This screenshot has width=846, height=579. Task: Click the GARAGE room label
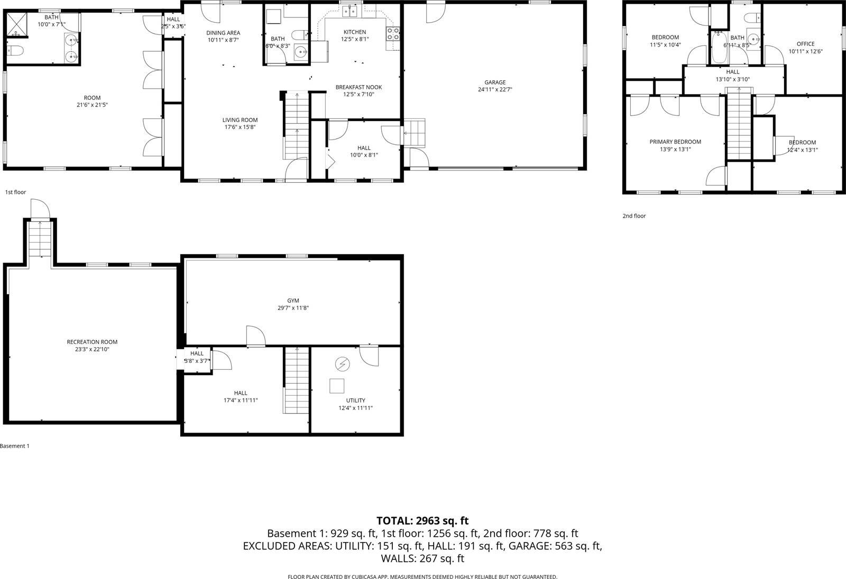[x=495, y=82]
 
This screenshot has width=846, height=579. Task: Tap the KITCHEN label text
[x=354, y=32]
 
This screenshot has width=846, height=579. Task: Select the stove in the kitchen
[x=393, y=34]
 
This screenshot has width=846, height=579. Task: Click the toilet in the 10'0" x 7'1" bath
[x=15, y=51]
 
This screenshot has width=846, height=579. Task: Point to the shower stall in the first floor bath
[x=16, y=25]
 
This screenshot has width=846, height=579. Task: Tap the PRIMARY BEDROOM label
[x=675, y=142]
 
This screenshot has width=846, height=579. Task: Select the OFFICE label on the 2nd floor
[x=805, y=44]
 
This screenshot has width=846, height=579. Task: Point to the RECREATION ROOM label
[x=92, y=342]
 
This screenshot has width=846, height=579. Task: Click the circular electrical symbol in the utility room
[x=342, y=364]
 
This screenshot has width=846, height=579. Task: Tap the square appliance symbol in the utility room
[x=337, y=386]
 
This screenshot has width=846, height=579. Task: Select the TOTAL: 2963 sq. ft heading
[x=422, y=521]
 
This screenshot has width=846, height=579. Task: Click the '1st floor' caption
[x=15, y=192]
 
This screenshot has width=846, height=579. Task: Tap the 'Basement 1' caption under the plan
[x=15, y=446]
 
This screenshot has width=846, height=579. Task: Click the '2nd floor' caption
[x=634, y=216]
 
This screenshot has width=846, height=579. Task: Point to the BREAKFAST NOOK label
[x=358, y=87]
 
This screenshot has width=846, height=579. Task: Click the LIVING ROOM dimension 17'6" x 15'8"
[x=240, y=127]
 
